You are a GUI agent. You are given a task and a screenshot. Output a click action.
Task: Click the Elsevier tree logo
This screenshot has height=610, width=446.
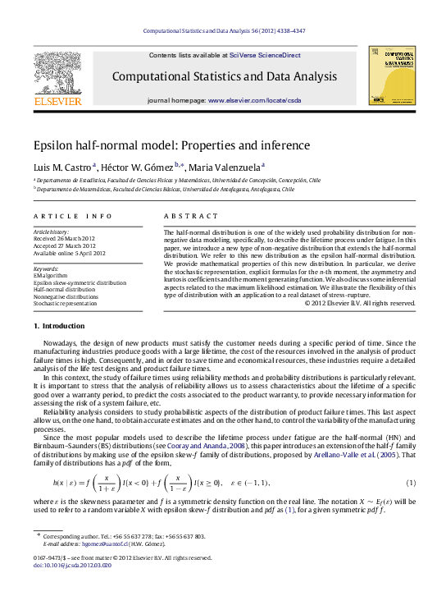point(57,72)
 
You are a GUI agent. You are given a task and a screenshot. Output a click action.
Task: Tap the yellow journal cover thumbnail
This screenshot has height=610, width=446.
point(391,75)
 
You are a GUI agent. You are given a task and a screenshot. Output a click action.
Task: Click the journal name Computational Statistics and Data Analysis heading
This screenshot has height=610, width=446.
point(224,77)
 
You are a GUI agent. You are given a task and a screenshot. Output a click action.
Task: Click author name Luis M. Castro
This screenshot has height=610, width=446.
point(62,167)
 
